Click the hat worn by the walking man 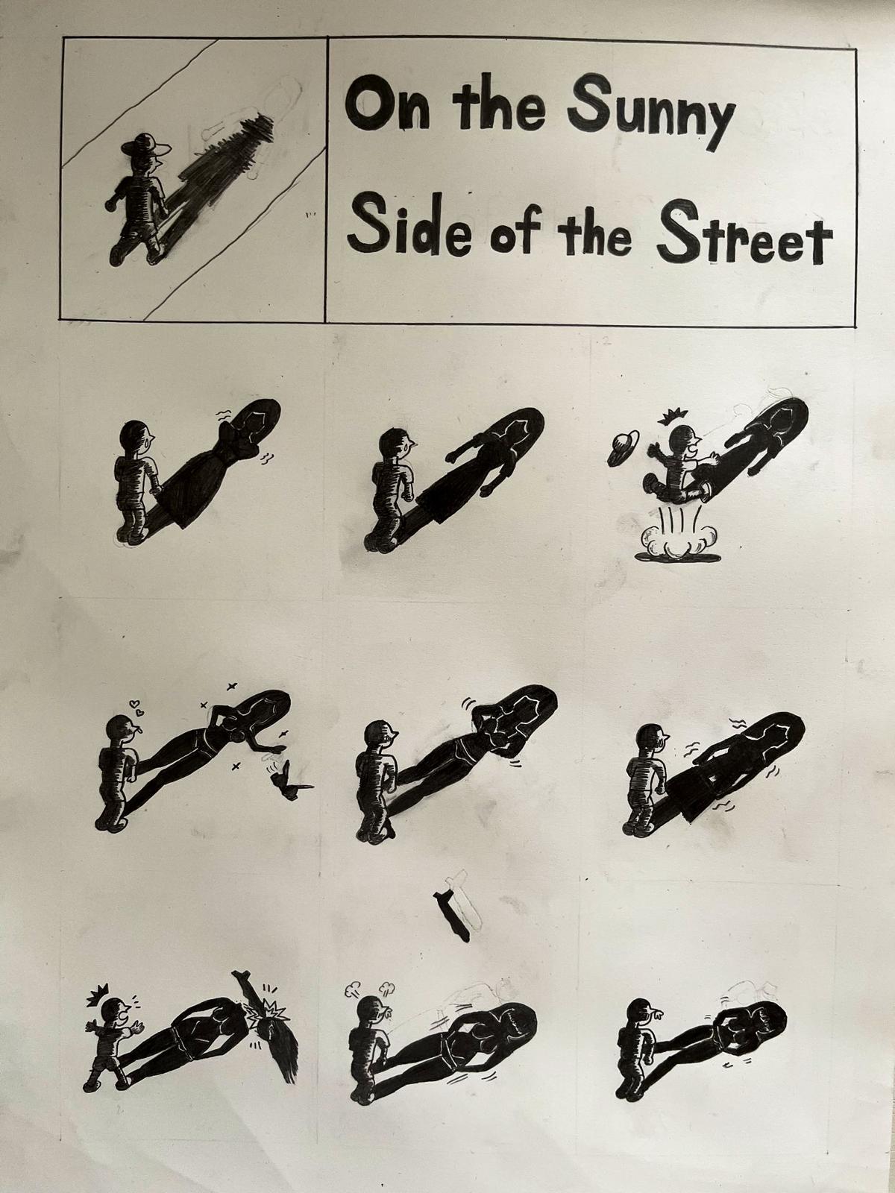146,143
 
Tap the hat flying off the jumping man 624,448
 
